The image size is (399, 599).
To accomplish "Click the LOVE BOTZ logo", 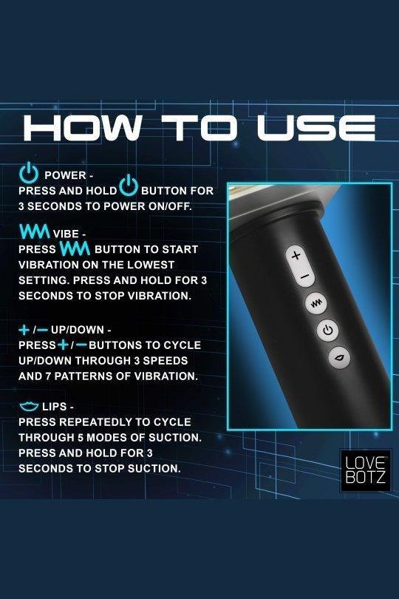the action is click(365, 470).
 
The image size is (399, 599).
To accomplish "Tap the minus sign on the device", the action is click(304, 276).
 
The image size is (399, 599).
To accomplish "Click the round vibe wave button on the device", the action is click(316, 304).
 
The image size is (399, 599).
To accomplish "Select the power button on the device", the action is click(327, 330).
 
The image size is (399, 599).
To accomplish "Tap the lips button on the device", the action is click(339, 358).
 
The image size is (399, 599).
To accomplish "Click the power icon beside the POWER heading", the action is click(29, 172).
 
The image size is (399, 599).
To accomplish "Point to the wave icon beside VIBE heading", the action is click(35, 231).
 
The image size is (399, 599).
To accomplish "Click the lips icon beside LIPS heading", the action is click(29, 407).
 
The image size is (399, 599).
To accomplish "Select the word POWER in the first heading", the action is click(65, 175).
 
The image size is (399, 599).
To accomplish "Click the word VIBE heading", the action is click(66, 234).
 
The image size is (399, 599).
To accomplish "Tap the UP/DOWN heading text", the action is click(78, 330).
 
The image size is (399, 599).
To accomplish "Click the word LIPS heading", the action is click(55, 407).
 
